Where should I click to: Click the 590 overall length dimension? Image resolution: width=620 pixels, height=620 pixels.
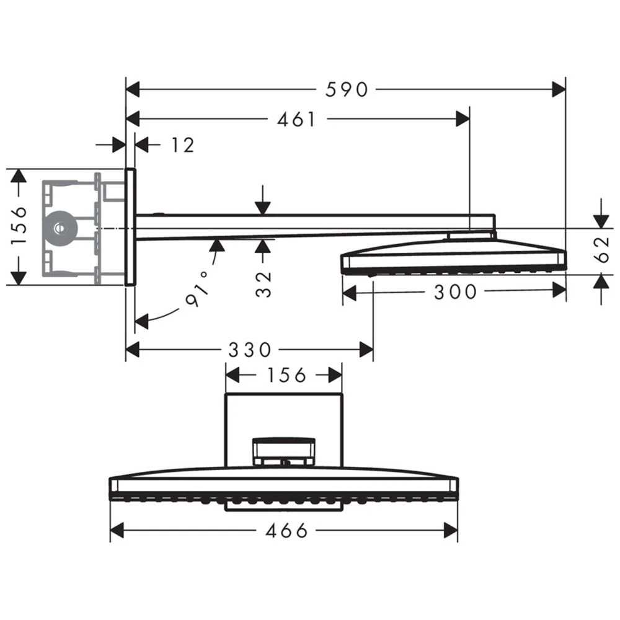[x=347, y=90]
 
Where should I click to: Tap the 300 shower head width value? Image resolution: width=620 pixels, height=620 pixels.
[x=455, y=292]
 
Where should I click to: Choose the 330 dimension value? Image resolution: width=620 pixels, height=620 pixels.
[x=249, y=350]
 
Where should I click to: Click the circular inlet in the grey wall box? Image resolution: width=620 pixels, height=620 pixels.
[x=60, y=228]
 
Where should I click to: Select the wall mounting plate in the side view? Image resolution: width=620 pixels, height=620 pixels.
[x=130, y=227]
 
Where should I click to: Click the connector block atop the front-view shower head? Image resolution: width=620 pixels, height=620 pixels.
[x=283, y=450]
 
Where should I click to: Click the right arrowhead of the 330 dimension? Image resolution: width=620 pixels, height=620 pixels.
[x=366, y=350]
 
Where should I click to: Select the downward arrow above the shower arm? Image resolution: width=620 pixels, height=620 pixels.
[x=263, y=208]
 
